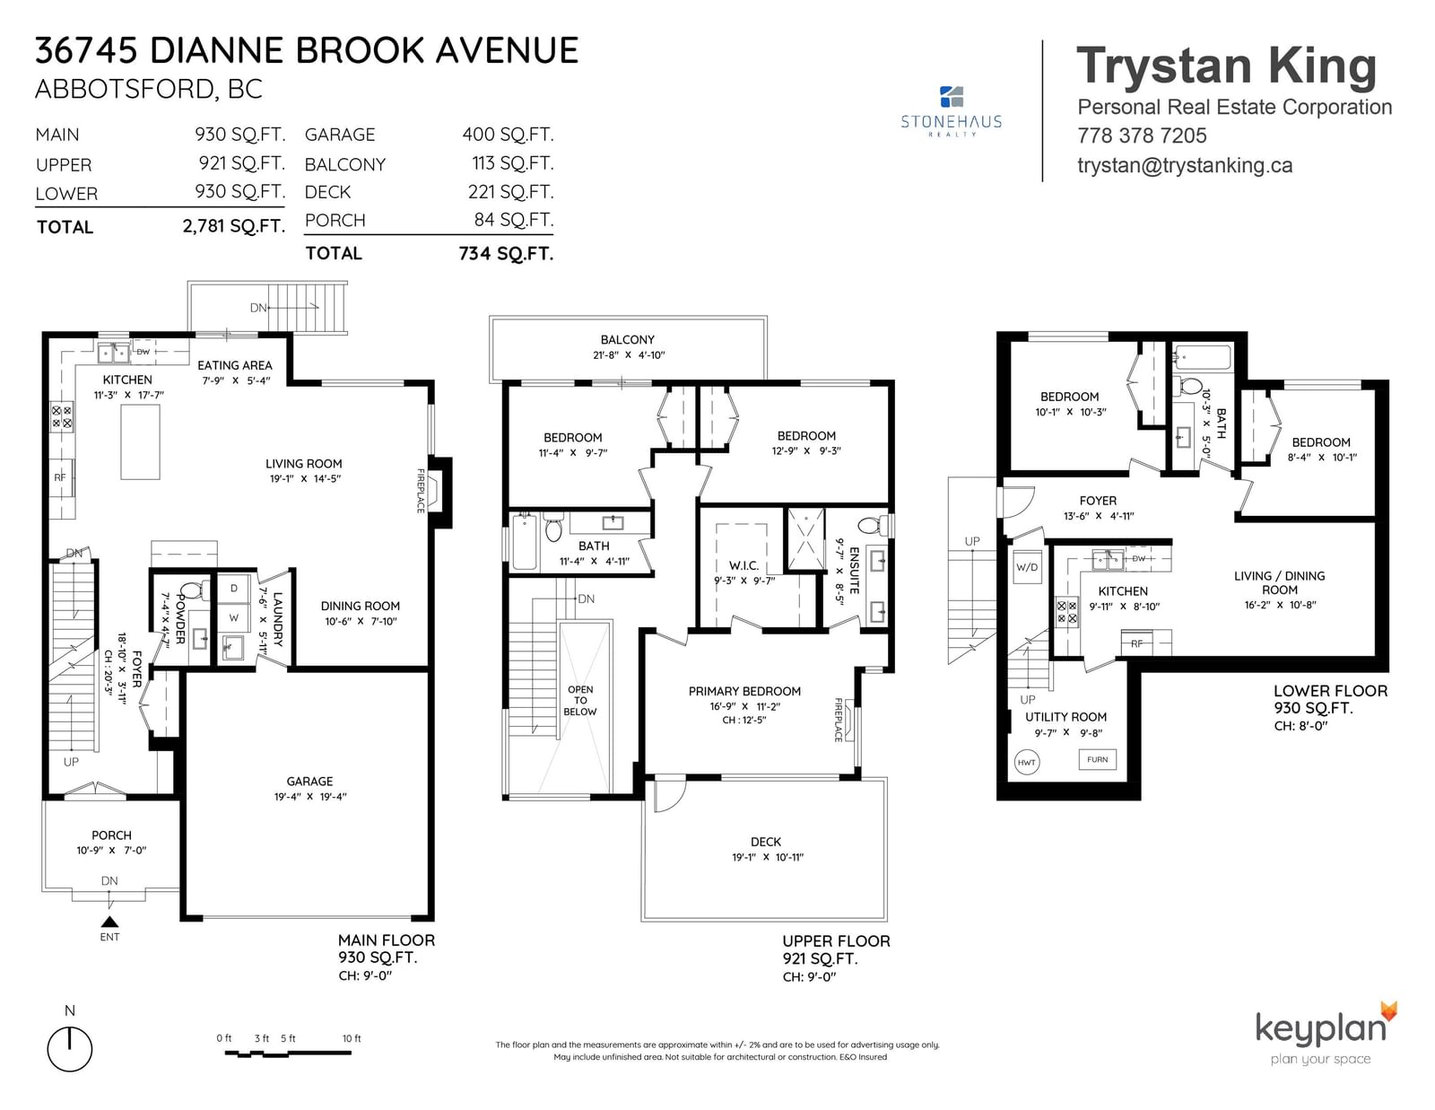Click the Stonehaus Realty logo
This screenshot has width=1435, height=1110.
(951, 111)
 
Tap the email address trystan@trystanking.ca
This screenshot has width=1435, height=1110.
(1185, 165)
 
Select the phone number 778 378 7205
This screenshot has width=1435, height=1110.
(1142, 135)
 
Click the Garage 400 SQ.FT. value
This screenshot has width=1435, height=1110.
(507, 134)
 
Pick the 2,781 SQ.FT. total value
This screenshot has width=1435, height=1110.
(234, 227)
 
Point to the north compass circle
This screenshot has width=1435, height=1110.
(69, 1049)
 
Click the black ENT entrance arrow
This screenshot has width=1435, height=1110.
(109, 922)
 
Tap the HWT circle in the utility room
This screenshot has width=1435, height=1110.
(1026, 762)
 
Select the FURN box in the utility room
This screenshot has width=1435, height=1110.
(1097, 759)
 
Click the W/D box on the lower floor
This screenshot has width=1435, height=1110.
(1027, 567)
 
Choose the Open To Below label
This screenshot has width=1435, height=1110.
(579, 700)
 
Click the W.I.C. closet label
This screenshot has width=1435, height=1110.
(744, 565)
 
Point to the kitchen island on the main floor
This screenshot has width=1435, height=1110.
(140, 442)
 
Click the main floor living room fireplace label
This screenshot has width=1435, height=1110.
(420, 490)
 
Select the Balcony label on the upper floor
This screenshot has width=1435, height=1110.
(627, 339)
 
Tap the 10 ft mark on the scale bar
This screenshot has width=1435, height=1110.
(352, 1038)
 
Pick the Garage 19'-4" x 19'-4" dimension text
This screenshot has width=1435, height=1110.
(310, 797)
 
